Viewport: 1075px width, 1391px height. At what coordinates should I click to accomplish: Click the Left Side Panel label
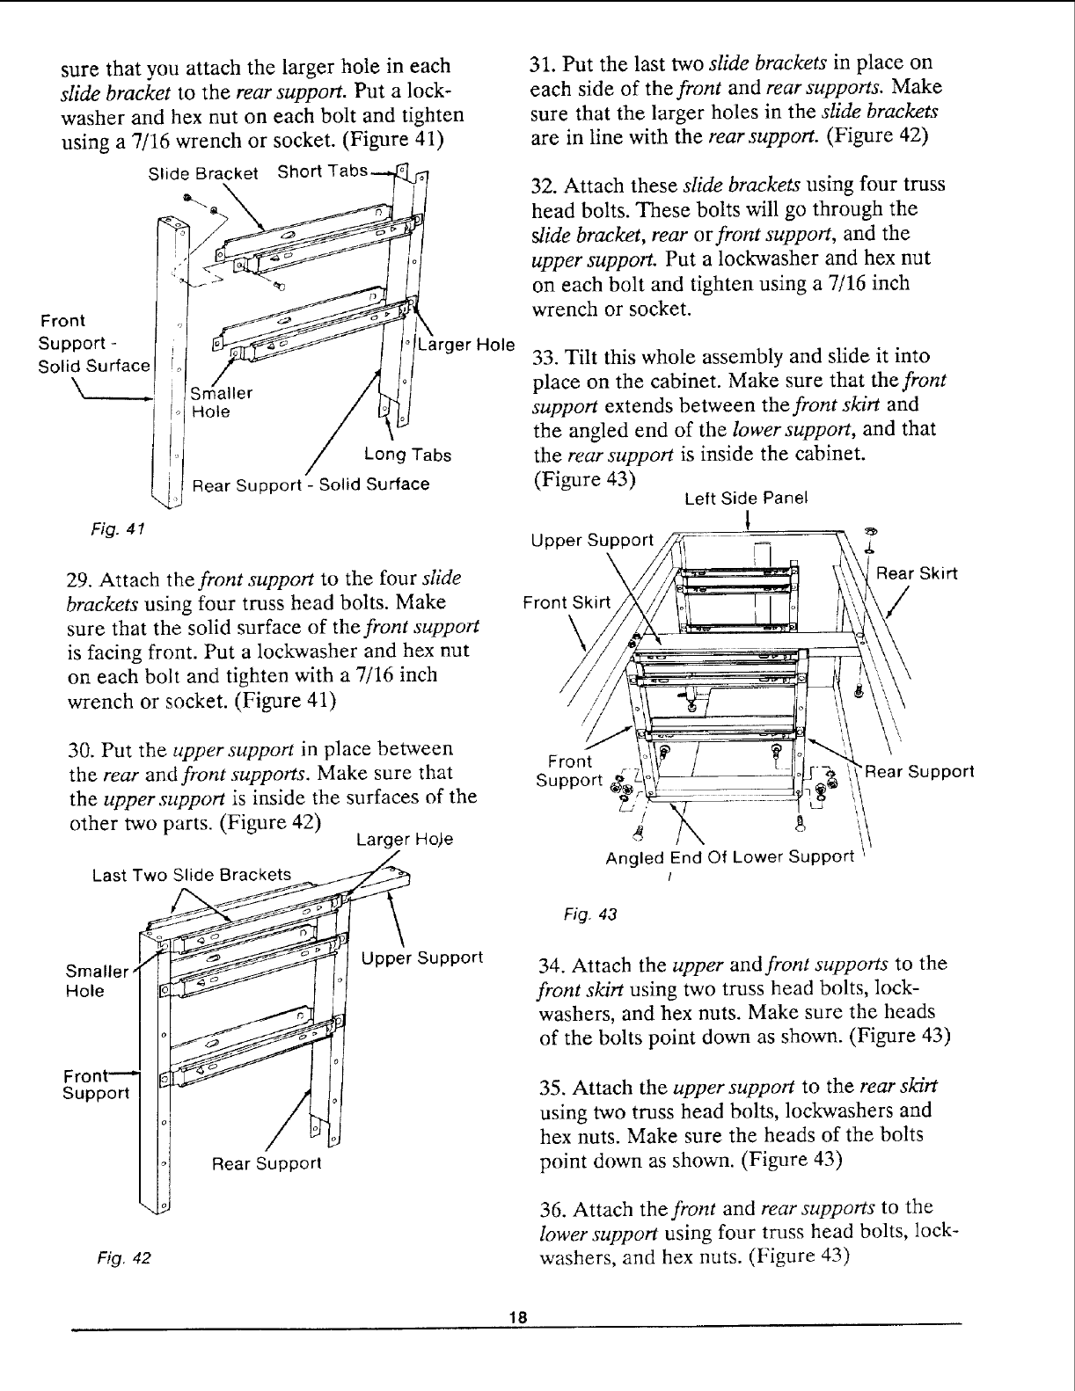tap(746, 499)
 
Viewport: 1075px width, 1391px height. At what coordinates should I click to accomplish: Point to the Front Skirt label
tap(567, 602)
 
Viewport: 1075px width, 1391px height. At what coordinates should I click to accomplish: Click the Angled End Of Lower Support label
tap(730, 856)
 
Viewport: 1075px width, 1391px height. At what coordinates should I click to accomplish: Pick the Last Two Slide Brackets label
tap(192, 874)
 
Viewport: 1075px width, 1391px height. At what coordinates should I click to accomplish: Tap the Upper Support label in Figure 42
tap(422, 957)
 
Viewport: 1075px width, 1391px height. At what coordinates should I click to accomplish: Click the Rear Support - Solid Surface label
tap(311, 484)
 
